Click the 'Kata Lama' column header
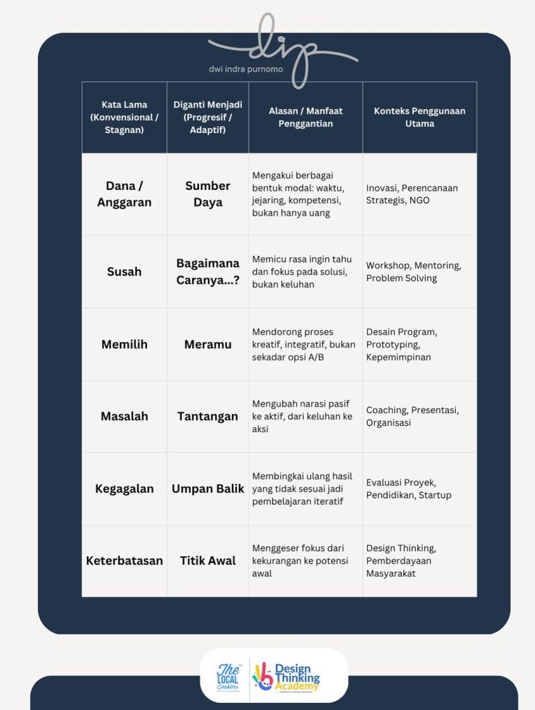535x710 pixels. tap(124, 117)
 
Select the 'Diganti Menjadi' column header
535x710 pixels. tap(207, 117)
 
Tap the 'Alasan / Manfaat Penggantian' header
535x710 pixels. tap(305, 117)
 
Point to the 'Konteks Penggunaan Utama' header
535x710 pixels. tap(419, 117)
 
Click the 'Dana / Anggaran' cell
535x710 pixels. tap(124, 194)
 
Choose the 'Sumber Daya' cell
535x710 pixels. tap(207, 194)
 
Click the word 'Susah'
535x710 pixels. tap(124, 272)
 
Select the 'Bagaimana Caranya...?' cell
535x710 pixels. tap(207, 271)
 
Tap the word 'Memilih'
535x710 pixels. tap(124, 344)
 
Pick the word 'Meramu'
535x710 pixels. tap(207, 344)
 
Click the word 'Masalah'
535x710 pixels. tap(124, 416)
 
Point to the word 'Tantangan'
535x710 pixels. tap(207, 416)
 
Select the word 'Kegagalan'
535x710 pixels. tap(124, 489)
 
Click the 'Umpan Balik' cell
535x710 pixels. tap(207, 489)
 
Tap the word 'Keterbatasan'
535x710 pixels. tap(124, 560)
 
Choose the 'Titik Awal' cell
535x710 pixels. tap(207, 560)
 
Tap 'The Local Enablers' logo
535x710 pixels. tap(228, 676)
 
